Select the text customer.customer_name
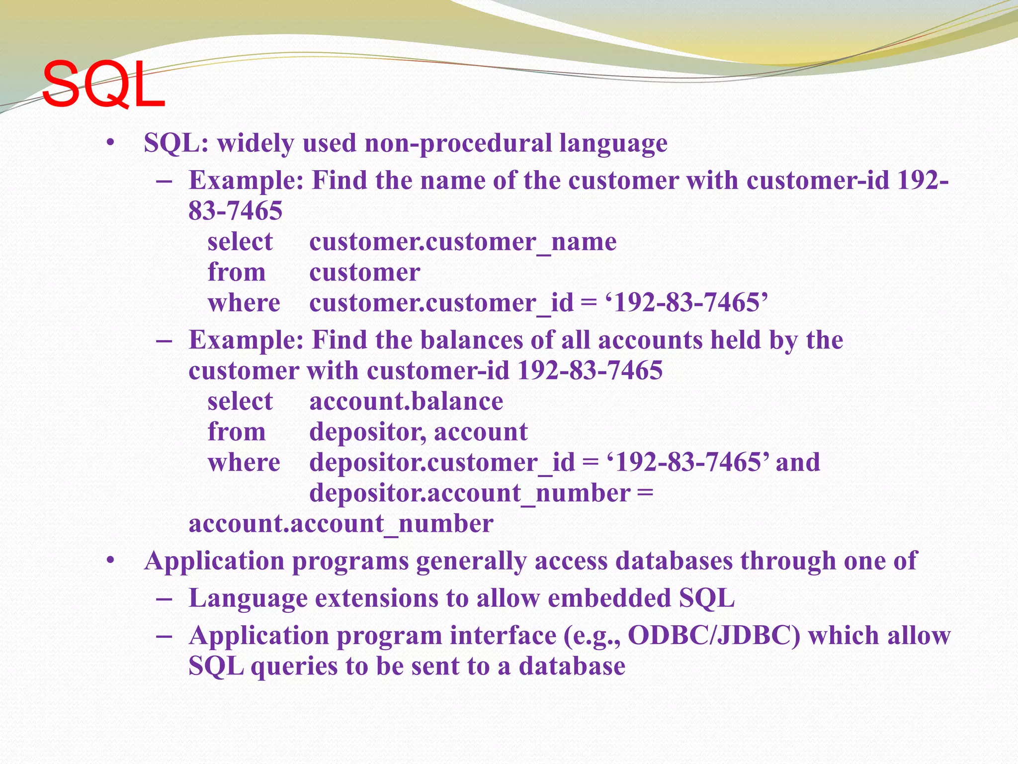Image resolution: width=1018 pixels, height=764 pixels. (462, 242)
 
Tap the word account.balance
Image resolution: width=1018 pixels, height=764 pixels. (406, 401)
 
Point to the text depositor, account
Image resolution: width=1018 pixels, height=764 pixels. (418, 432)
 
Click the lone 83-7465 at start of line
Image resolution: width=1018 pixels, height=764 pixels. (235, 211)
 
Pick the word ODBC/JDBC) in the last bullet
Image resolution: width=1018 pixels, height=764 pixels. (714, 636)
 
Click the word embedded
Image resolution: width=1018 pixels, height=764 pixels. (609, 598)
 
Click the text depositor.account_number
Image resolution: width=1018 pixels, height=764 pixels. (470, 493)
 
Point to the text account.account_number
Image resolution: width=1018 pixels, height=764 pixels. (341, 524)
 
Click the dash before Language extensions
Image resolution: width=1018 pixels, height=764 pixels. (164, 598)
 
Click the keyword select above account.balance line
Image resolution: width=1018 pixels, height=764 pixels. (240, 401)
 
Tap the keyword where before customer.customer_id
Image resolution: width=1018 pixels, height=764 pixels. (244, 303)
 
